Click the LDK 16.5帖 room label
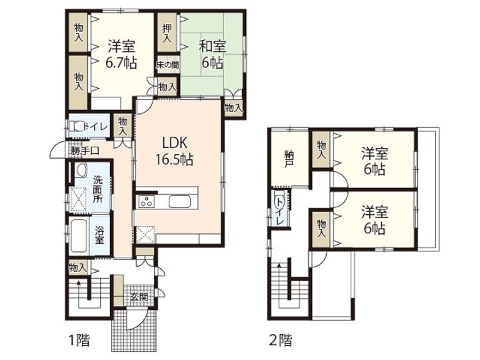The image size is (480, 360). click(175, 151)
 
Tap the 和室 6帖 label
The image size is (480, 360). click(213, 55)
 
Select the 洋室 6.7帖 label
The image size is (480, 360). click(121, 55)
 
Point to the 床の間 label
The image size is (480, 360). click(167, 65)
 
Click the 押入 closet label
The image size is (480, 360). click(167, 33)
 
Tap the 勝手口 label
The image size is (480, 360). click(85, 151)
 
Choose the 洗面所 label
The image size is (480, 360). click(98, 189)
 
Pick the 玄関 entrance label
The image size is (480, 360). click(139, 296)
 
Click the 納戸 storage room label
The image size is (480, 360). click(289, 158)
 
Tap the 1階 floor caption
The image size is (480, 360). click(79, 341)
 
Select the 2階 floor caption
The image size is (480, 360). click(281, 341)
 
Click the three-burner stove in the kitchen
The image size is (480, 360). click(146, 202)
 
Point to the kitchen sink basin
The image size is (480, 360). click(180, 202)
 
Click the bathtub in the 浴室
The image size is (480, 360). click(78, 236)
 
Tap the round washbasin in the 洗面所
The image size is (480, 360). click(81, 170)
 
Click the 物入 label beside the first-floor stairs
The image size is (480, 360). click(78, 268)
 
